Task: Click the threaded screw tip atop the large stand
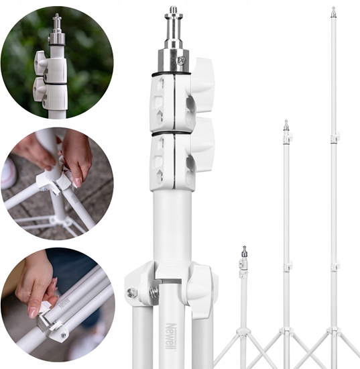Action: tap(174, 10)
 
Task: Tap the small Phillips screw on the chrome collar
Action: tap(181, 60)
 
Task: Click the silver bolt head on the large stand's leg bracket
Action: tap(131, 293)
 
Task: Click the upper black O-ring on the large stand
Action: tap(171, 74)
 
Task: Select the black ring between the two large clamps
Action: tap(171, 134)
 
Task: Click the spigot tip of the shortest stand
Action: tap(245, 248)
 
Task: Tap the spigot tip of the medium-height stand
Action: tap(286, 121)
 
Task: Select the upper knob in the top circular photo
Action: tap(40, 63)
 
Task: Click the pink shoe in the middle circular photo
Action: tap(7, 171)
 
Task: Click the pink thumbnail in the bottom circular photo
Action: tap(32, 313)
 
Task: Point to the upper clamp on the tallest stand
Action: tap(335, 138)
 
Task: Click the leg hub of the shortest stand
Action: tap(243, 333)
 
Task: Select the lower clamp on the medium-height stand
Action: tap(288, 266)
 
